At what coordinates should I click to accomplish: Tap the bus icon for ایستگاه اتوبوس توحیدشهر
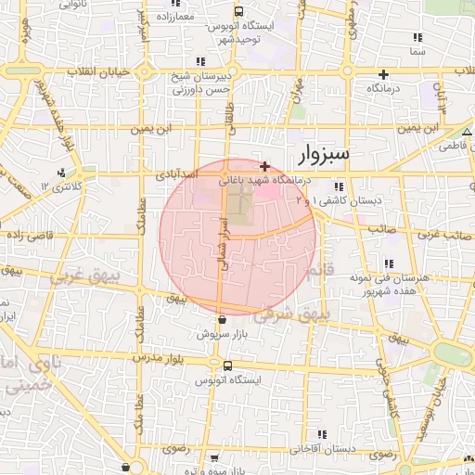(x=239, y=12)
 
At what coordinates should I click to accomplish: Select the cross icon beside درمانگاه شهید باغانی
(x=265, y=165)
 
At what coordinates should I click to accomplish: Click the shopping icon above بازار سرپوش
(x=222, y=319)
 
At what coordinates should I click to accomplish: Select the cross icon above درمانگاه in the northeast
(x=382, y=73)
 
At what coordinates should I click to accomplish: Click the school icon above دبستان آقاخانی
(x=322, y=434)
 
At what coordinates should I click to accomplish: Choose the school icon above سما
(x=417, y=38)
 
